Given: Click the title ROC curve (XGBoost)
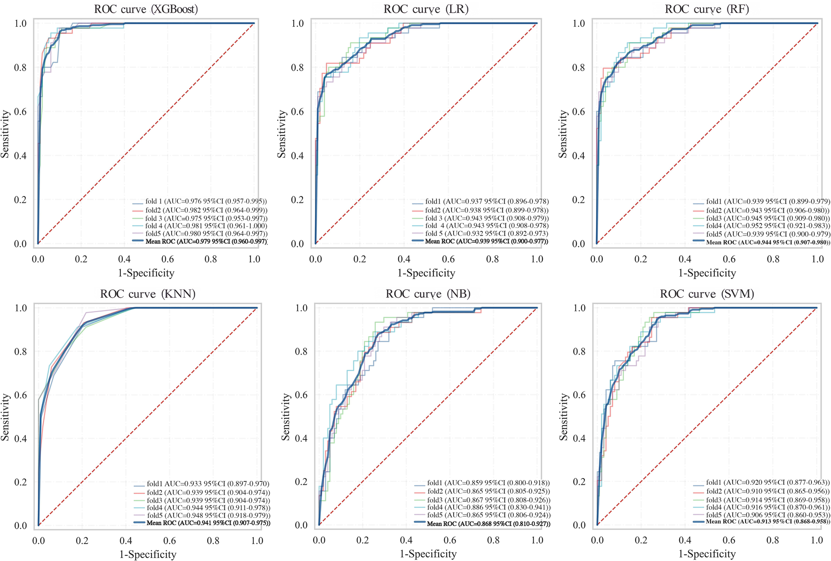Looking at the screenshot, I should click(x=146, y=9).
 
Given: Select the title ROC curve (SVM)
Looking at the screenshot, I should click(x=707, y=294).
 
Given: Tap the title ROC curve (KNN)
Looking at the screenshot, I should click(x=147, y=294).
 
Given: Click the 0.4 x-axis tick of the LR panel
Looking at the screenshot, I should click(x=404, y=259).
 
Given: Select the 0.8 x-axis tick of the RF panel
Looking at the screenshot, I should click(x=773, y=259).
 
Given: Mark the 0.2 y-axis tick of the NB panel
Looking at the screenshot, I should click(x=301, y=482).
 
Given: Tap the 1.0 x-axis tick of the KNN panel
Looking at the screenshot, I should click(x=257, y=541).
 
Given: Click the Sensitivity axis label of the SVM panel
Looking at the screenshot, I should click(x=563, y=417).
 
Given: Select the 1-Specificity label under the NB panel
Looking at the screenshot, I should click(x=428, y=554).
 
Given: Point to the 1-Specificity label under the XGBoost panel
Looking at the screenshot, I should click(x=146, y=273).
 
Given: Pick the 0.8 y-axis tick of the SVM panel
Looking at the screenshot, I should click(x=580, y=352).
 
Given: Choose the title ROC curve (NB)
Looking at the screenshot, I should click(x=428, y=294).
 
